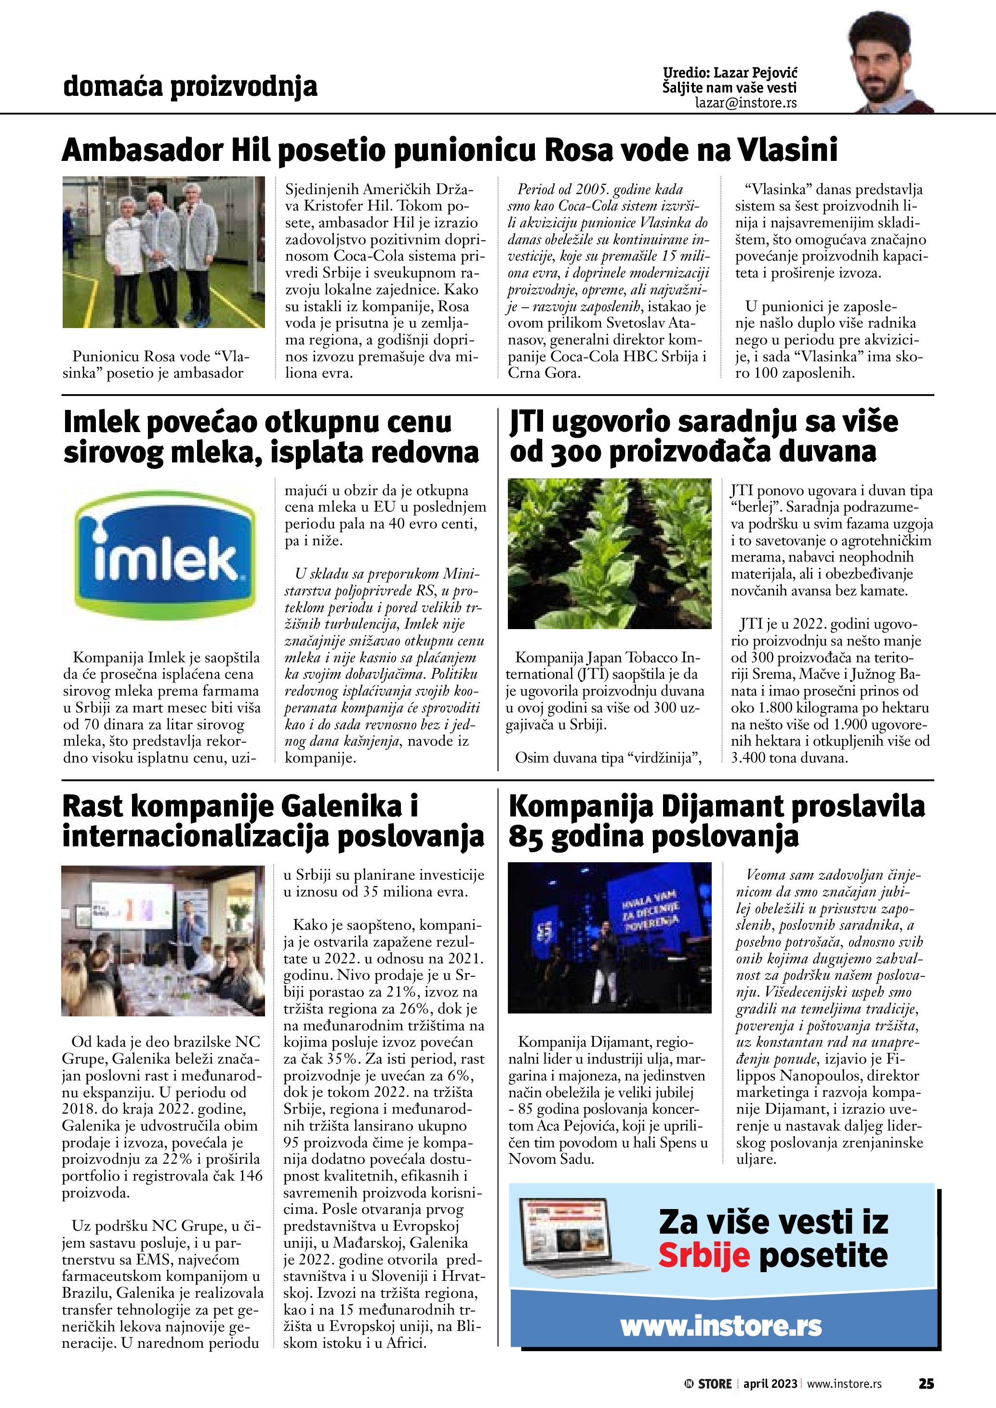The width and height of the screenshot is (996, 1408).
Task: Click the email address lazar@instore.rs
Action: pyautogui.click(x=746, y=103)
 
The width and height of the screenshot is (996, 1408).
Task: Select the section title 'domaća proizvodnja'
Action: pyautogui.click(x=190, y=87)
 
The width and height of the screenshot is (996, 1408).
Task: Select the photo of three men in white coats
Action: pyautogui.click(x=163, y=252)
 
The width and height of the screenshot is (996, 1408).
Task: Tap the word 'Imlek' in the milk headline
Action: pyautogui.click(x=103, y=422)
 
